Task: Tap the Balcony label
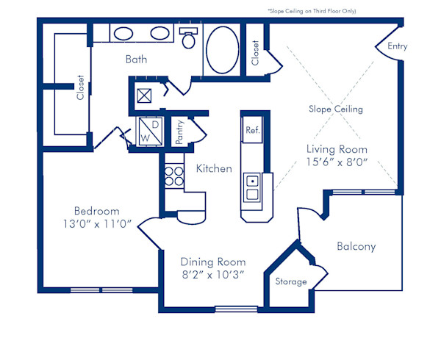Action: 356,246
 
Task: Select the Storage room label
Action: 291,281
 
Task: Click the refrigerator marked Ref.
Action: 252,130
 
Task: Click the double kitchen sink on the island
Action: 252,187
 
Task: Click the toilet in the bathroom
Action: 189,38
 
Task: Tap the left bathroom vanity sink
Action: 122,33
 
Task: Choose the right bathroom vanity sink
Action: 159,33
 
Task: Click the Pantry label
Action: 179,131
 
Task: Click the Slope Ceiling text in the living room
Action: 335,109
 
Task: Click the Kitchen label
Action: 214,168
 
